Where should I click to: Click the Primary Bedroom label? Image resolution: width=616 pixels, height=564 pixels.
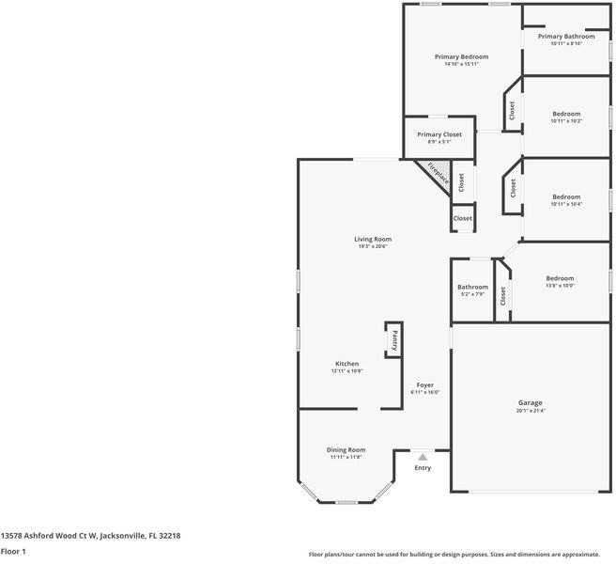point(461,57)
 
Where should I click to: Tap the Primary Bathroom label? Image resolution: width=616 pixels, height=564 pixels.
point(565,37)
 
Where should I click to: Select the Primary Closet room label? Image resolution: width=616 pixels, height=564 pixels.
point(439,135)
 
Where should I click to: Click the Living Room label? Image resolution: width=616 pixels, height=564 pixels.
point(373,240)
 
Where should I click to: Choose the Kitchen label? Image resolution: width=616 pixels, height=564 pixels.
point(346,364)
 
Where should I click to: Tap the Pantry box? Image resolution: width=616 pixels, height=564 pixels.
point(394,339)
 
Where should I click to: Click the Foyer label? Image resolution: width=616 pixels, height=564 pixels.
point(424,385)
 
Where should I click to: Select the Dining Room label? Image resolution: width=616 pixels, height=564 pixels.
point(346,450)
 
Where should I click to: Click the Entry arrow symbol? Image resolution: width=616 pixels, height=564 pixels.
point(423,457)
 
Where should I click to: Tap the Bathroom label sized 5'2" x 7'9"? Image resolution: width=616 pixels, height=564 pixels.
point(472,288)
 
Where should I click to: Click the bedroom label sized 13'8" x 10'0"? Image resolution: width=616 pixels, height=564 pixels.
point(560,278)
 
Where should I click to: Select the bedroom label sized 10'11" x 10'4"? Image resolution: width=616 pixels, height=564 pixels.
point(566,197)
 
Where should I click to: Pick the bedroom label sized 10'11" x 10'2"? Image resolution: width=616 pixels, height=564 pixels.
point(566,115)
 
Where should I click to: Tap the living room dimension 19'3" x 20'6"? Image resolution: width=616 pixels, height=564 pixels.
point(373,246)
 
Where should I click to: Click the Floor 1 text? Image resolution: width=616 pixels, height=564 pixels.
point(13,551)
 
